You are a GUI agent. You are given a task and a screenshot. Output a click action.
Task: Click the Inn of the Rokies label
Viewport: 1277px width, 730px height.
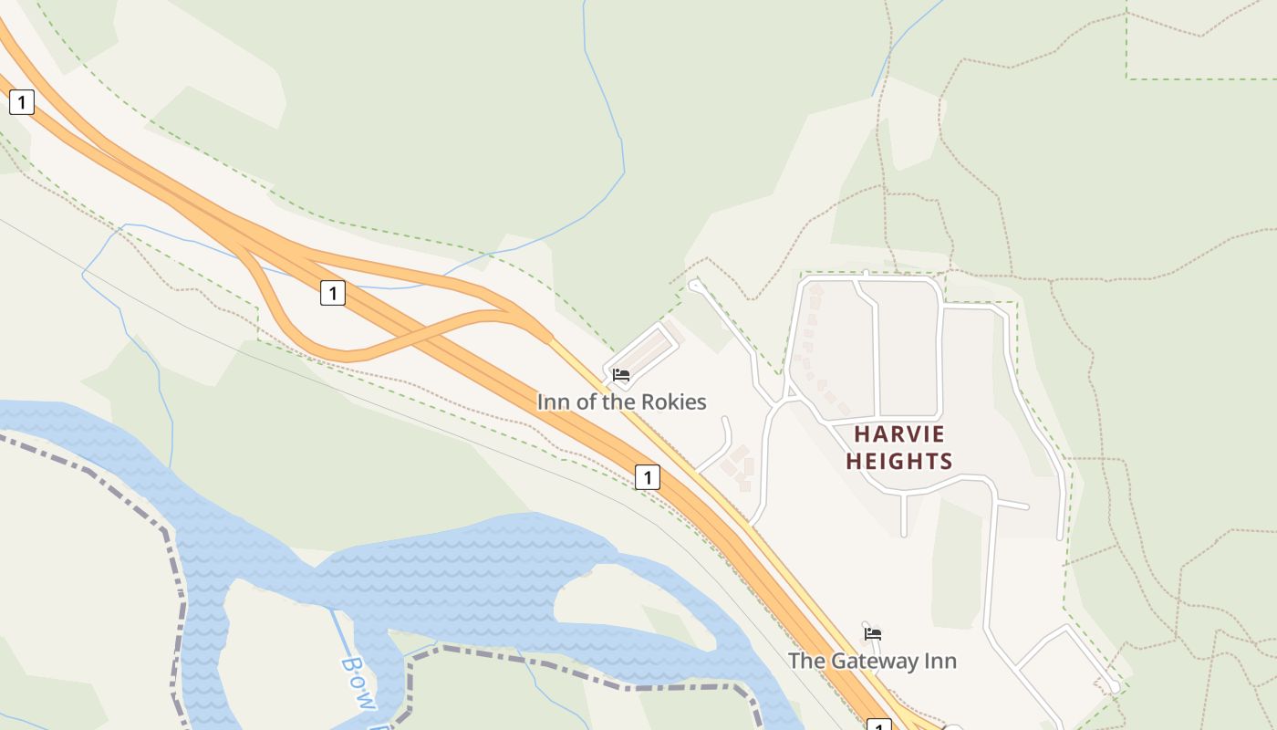click(x=621, y=401)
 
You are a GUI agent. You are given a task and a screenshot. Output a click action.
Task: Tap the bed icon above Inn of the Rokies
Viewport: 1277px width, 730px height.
click(x=621, y=375)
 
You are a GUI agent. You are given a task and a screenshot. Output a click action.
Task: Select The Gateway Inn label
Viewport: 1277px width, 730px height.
click(x=872, y=661)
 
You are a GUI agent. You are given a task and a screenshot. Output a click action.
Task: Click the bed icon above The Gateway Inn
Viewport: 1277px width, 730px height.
click(x=873, y=633)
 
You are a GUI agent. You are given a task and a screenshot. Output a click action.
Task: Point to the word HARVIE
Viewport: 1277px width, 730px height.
click(x=899, y=434)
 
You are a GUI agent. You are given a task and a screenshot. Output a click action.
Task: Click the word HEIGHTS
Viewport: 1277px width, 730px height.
click(x=899, y=462)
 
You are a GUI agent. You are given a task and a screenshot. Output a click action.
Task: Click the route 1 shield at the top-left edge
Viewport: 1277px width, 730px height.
click(x=21, y=102)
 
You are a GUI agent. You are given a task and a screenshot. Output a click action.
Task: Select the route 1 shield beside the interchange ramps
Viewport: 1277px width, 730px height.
click(x=333, y=293)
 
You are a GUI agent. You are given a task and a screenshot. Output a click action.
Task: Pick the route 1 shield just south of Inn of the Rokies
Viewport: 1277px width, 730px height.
click(x=647, y=476)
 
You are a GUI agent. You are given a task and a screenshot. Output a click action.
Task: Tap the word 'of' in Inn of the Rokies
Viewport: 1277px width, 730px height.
click(x=589, y=401)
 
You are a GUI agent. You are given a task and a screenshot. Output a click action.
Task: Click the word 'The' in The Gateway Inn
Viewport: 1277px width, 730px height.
click(x=805, y=661)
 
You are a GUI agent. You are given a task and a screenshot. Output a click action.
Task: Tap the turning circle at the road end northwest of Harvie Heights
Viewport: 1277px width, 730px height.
click(x=694, y=286)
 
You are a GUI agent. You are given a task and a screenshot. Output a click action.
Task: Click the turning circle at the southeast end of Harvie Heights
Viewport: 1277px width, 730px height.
click(x=1113, y=686)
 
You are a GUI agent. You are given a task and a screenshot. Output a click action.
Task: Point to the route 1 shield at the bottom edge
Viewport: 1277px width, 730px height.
click(x=877, y=726)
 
